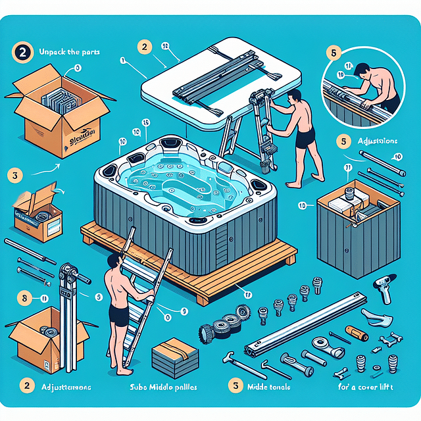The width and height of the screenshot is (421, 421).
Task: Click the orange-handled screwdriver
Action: [355, 331]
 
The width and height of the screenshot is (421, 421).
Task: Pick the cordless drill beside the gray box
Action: [383, 285]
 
